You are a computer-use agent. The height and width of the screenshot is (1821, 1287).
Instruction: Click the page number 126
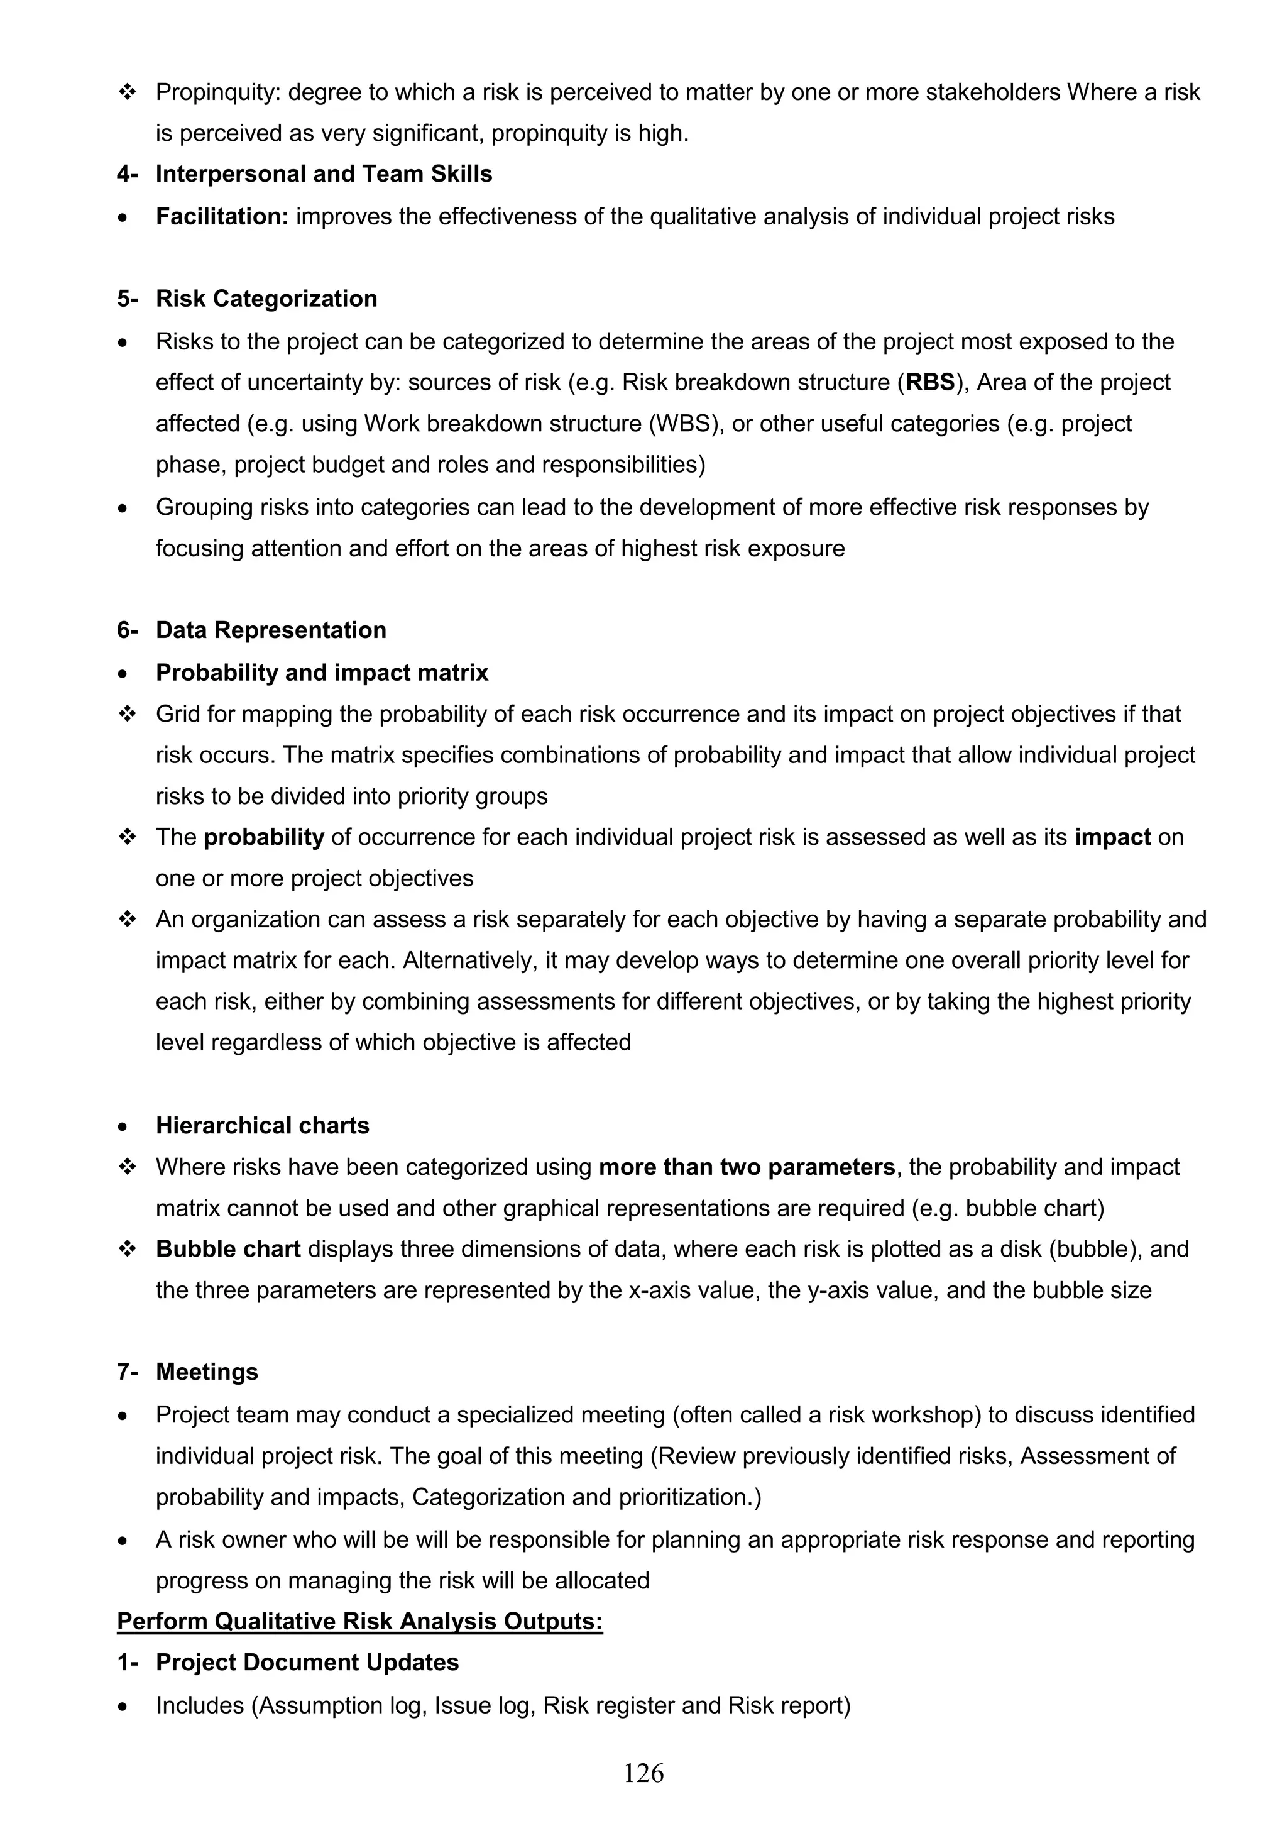[x=643, y=1773]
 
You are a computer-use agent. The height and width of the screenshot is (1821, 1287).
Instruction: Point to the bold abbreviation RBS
[x=930, y=382]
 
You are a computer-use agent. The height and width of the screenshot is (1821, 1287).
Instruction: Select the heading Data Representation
[x=271, y=630]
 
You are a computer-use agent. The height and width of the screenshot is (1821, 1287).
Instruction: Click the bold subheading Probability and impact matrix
[x=322, y=673]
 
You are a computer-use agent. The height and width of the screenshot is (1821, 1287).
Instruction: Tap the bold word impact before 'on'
[x=1112, y=837]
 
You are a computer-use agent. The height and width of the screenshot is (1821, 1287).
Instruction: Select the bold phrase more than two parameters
[x=746, y=1167]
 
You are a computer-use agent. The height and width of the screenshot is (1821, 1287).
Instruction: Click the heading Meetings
[x=207, y=1372]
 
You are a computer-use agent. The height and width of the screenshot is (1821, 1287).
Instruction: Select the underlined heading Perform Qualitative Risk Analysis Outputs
[x=360, y=1621]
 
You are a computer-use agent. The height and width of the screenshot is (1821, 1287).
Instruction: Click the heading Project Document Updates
[x=307, y=1663]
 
